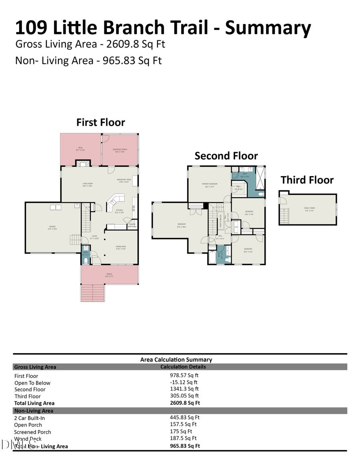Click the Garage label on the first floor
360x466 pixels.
[x=52, y=228]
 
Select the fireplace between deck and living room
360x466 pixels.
[x=83, y=163]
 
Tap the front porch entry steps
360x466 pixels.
[x=92, y=292]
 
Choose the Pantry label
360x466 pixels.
[x=132, y=225]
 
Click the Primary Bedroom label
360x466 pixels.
[x=209, y=185]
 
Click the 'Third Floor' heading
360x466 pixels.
[x=307, y=180]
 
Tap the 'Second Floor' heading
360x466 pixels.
[x=226, y=156]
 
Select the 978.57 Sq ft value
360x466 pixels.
[x=184, y=375]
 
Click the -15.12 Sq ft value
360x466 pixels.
[x=184, y=382]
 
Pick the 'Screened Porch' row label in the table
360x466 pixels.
[x=32, y=432]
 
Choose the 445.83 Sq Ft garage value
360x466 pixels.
[x=184, y=418]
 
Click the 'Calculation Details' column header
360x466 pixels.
[x=183, y=366]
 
